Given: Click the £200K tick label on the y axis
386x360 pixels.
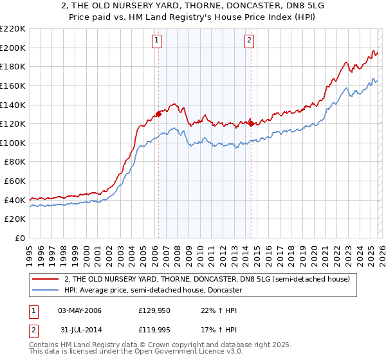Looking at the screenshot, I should (13, 48).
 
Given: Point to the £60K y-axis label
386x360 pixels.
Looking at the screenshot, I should (15, 181).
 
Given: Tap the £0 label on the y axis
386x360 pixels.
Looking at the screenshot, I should (21, 239).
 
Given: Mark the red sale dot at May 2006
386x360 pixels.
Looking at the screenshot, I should (158, 114).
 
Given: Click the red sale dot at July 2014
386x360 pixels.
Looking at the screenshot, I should (251, 123).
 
